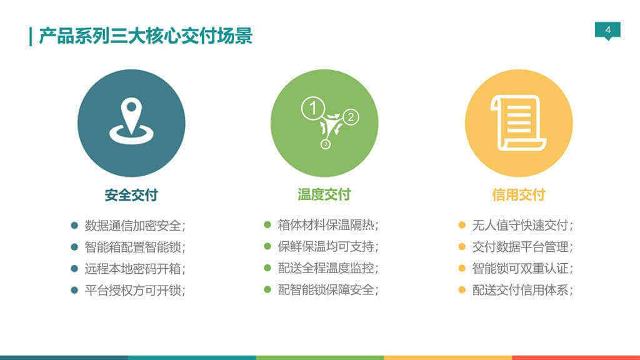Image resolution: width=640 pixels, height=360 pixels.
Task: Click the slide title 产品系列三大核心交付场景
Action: point(145,36)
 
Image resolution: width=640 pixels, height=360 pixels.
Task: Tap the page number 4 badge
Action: point(607,30)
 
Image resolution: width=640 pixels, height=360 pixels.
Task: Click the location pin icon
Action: point(131,122)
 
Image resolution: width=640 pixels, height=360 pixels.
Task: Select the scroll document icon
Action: point(518,122)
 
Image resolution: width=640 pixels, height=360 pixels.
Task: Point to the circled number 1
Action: point(313,108)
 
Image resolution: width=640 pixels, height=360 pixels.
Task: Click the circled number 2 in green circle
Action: point(351,116)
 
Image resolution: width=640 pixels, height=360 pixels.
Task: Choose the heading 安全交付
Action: point(131,195)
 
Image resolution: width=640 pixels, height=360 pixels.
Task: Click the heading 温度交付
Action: point(324,194)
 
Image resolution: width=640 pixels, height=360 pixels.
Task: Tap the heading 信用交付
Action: point(518,194)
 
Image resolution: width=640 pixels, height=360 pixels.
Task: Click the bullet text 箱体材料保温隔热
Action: point(328,225)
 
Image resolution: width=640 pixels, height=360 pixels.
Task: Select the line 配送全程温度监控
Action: point(328,268)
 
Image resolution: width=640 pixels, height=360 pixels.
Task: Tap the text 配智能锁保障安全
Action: point(328,289)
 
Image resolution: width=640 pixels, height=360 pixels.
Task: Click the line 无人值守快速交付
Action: point(522,225)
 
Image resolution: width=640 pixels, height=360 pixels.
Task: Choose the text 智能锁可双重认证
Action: point(522,268)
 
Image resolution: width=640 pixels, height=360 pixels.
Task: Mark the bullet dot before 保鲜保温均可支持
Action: point(267,246)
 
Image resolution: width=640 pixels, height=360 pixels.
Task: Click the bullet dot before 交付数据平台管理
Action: point(462,246)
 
